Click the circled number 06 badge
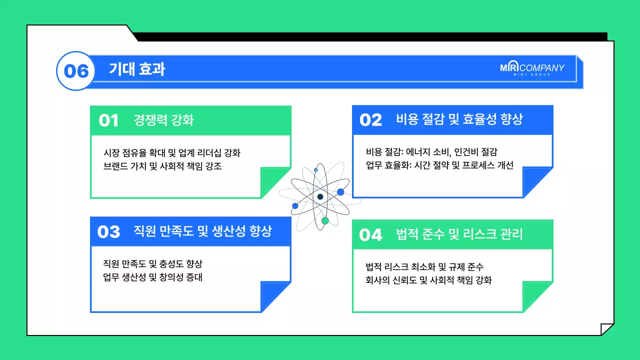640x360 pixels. [x=76, y=71]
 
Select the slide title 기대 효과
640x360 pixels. [x=137, y=69]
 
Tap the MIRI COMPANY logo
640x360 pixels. [x=532, y=69]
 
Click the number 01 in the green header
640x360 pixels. [x=108, y=120]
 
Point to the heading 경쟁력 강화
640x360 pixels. [x=163, y=120]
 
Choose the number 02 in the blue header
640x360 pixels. [x=370, y=120]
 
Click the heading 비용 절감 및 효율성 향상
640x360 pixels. [x=459, y=119]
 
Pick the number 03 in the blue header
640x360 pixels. [x=108, y=231]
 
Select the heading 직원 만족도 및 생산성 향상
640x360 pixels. [x=202, y=231]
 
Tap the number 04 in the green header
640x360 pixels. [x=370, y=234]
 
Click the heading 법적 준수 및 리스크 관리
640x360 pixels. [x=459, y=234]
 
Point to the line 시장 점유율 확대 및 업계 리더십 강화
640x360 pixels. [x=172, y=153]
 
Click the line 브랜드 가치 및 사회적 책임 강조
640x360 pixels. [x=162, y=166]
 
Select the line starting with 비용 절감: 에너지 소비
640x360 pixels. [x=431, y=152]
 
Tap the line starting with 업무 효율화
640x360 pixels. [x=439, y=165]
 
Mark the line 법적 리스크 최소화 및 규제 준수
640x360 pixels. [x=424, y=267]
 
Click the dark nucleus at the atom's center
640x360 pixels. [x=320, y=196]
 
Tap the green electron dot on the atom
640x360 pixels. [x=325, y=220]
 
